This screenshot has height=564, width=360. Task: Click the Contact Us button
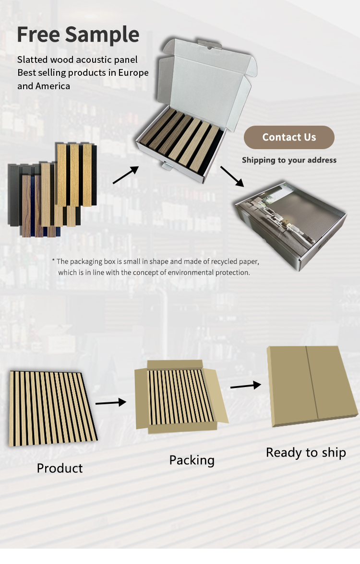[x=289, y=137]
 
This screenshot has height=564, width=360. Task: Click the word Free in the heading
[x=38, y=35]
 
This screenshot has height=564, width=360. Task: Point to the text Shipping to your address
[x=289, y=160]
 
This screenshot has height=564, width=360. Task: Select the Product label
[x=60, y=468]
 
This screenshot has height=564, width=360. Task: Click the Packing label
[x=192, y=460]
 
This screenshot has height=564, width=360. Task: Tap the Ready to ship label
[x=306, y=452]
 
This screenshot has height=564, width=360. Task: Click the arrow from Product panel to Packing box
[x=110, y=402]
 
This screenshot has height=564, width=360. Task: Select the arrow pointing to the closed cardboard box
[x=245, y=385]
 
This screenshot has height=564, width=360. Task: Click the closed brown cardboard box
[x=312, y=386]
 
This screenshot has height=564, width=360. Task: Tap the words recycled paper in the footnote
[x=233, y=261]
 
